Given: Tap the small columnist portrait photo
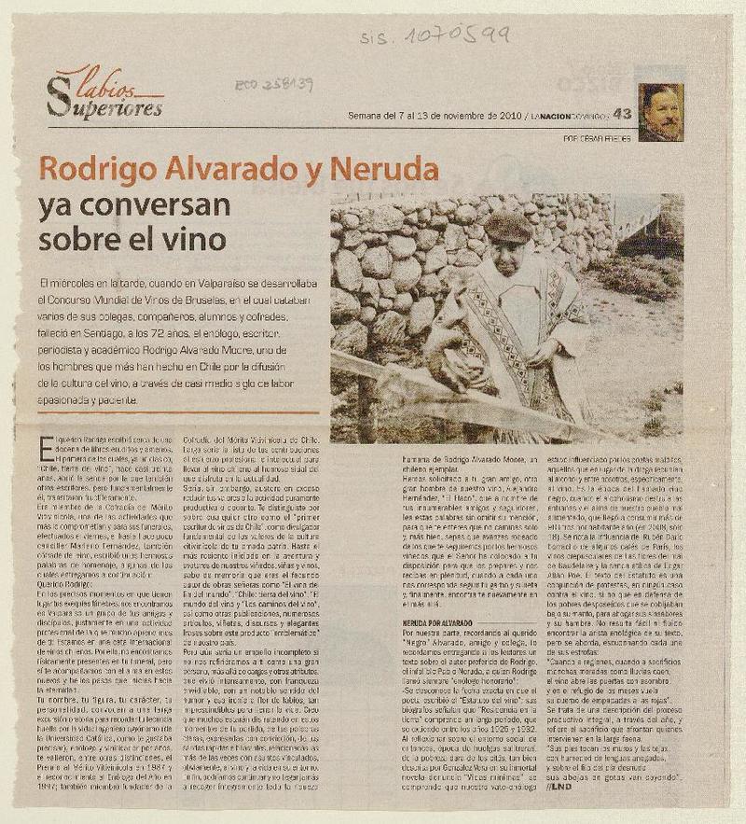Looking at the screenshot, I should tap(660, 112).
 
